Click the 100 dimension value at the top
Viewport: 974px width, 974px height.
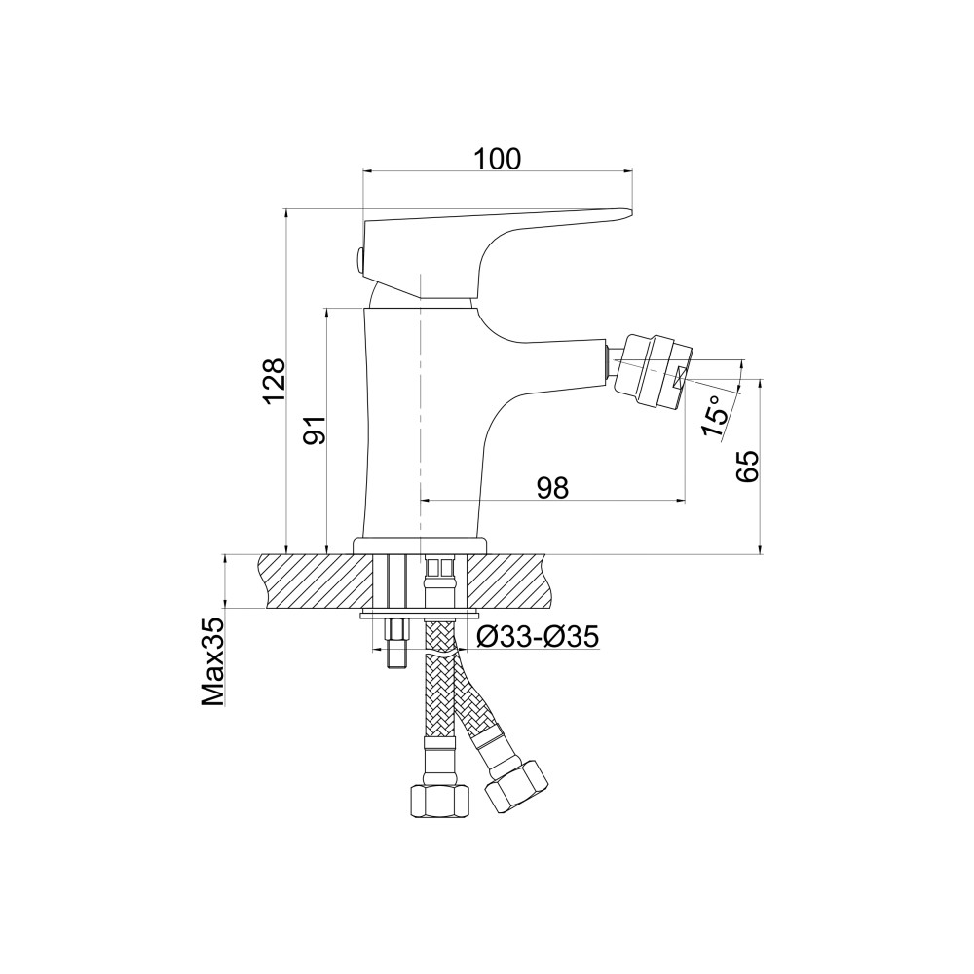497,159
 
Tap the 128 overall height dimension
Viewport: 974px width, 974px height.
274,382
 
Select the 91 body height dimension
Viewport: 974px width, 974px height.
315,430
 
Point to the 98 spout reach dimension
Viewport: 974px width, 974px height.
553,488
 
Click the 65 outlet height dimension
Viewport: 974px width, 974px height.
747,466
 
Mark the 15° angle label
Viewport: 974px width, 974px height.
714,417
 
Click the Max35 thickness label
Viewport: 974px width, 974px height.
212,661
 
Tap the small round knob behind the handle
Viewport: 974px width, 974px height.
358,259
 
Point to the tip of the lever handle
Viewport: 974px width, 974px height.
630,213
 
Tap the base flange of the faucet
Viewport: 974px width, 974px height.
420,545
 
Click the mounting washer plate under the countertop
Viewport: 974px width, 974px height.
420,615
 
